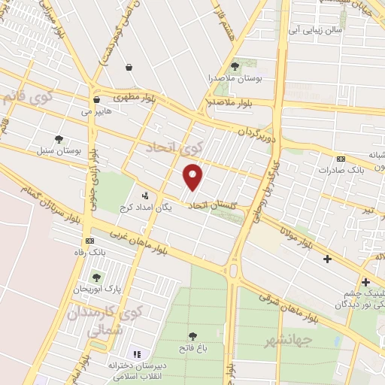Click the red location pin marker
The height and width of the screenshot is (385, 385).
click(194, 177)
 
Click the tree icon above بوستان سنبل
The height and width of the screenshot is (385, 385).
click(59, 138)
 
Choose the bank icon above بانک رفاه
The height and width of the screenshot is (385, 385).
click(91, 241)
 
